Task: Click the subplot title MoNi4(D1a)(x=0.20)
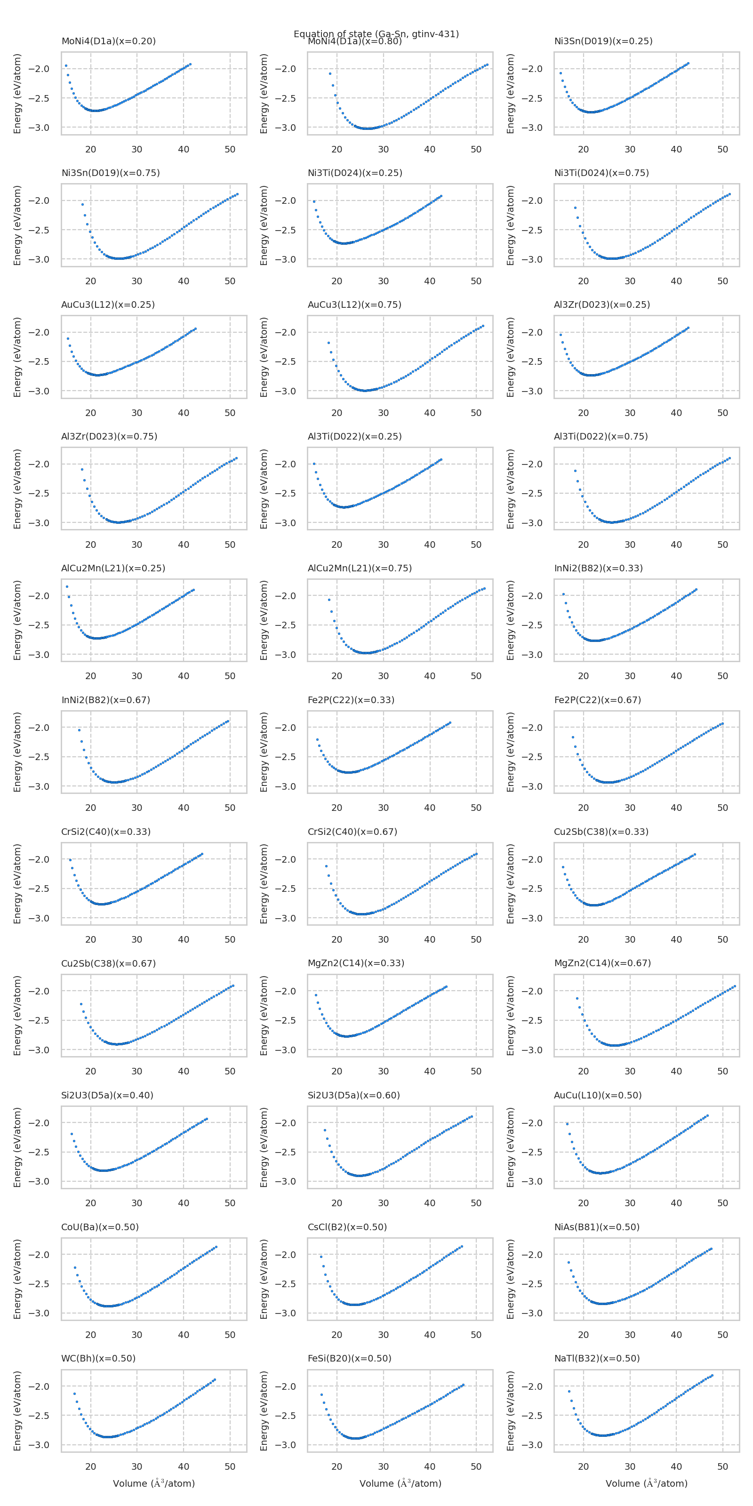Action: (x=108, y=41)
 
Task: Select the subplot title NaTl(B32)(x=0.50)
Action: (x=596, y=1358)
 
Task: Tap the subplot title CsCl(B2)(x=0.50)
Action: (x=347, y=1226)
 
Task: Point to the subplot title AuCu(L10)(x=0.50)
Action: (x=598, y=1095)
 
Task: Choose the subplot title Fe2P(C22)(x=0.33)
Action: (x=351, y=700)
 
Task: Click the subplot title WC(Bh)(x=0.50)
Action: (x=98, y=1358)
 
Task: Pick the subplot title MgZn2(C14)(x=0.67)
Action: (x=602, y=963)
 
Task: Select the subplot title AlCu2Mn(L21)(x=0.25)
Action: (x=113, y=568)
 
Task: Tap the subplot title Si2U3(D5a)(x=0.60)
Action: (x=354, y=1095)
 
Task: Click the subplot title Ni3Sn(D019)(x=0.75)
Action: (x=111, y=173)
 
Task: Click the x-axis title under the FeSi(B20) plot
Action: (x=400, y=1483)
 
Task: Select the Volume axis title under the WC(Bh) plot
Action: (x=154, y=1483)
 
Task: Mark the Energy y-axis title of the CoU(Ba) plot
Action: (x=17, y=1279)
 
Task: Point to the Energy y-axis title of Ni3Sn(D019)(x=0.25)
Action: (x=510, y=94)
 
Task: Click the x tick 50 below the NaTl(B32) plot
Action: (x=722, y=1466)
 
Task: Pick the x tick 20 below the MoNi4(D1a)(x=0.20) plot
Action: (x=91, y=149)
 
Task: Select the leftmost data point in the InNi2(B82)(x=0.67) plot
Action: (x=79, y=729)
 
